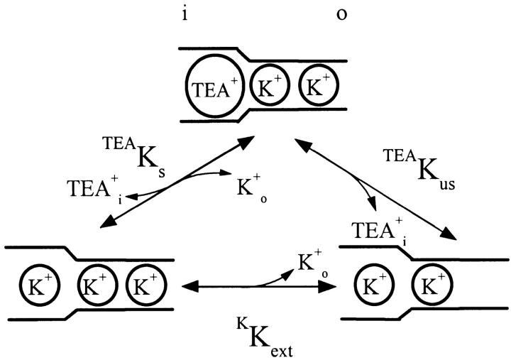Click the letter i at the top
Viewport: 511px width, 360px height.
tap(185, 16)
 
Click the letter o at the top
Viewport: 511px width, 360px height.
tap(341, 16)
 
